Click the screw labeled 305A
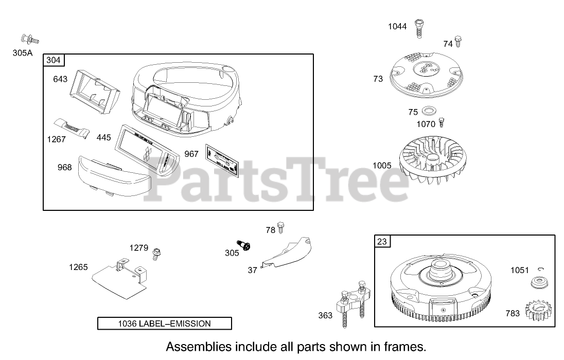pos(30,38)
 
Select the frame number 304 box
pos(54,61)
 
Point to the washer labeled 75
pos(427,111)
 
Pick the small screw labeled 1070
pos(440,122)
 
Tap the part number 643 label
pos(61,79)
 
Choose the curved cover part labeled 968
pos(112,177)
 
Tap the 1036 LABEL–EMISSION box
pos(165,323)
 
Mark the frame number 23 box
pos(382,241)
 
